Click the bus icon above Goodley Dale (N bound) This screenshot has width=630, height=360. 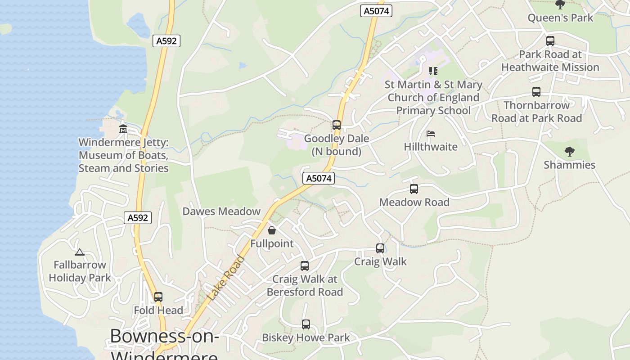[x=337, y=125]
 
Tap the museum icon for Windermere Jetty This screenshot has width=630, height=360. [x=123, y=129]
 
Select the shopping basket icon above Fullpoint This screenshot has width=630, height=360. [x=272, y=230]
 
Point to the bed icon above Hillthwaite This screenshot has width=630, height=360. [x=431, y=134]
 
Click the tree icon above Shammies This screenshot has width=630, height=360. [x=570, y=152]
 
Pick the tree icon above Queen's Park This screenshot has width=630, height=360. [x=560, y=4]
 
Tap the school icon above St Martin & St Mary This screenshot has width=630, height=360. [x=433, y=71]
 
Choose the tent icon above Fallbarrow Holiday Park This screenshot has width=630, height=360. [x=80, y=252]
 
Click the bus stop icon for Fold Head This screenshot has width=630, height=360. [x=158, y=297]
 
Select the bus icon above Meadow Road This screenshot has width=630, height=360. [x=414, y=189]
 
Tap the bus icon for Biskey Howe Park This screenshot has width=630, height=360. [x=306, y=324]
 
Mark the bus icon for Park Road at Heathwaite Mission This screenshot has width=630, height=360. [x=550, y=41]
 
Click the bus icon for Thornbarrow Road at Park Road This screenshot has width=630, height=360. [x=536, y=92]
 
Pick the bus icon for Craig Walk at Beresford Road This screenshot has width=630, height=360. [x=305, y=266]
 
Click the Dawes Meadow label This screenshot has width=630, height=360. [x=221, y=211]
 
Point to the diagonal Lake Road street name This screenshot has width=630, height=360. [x=226, y=279]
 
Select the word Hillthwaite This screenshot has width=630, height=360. [x=431, y=147]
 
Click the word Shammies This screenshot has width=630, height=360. [x=569, y=165]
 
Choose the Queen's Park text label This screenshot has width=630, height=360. [x=560, y=18]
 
